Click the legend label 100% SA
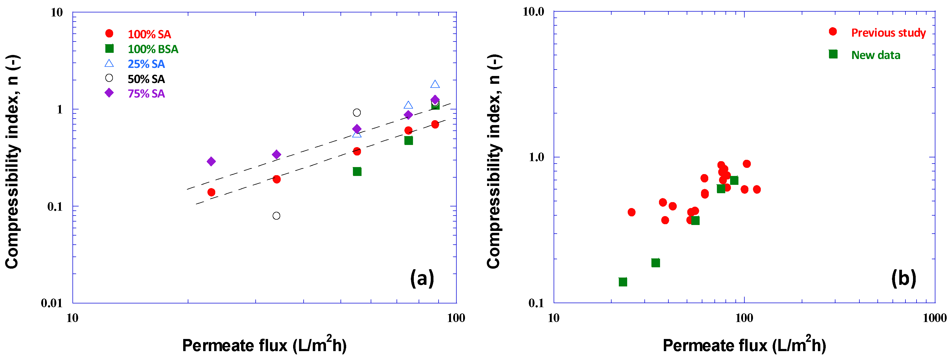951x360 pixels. tap(149, 34)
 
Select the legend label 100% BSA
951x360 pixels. tap(153, 49)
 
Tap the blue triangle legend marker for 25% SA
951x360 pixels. tap(109, 64)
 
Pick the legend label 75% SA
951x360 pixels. tap(146, 94)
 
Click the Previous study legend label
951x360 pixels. tap(888, 33)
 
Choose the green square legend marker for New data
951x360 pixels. tap(833, 54)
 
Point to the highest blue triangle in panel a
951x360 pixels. tap(435, 85)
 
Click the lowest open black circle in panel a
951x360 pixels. tap(276, 216)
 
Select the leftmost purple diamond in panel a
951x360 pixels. tap(211, 161)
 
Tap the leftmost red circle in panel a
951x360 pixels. tap(211, 192)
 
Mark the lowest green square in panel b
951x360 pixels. tap(623, 282)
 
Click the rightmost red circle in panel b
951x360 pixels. tap(757, 189)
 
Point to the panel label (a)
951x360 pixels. tap(422, 278)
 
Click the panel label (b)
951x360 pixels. tap(903, 278)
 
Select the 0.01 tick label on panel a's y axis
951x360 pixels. tap(52, 303)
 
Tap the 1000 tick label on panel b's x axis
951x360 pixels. tap(934, 318)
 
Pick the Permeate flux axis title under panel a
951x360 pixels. tap(264, 345)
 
